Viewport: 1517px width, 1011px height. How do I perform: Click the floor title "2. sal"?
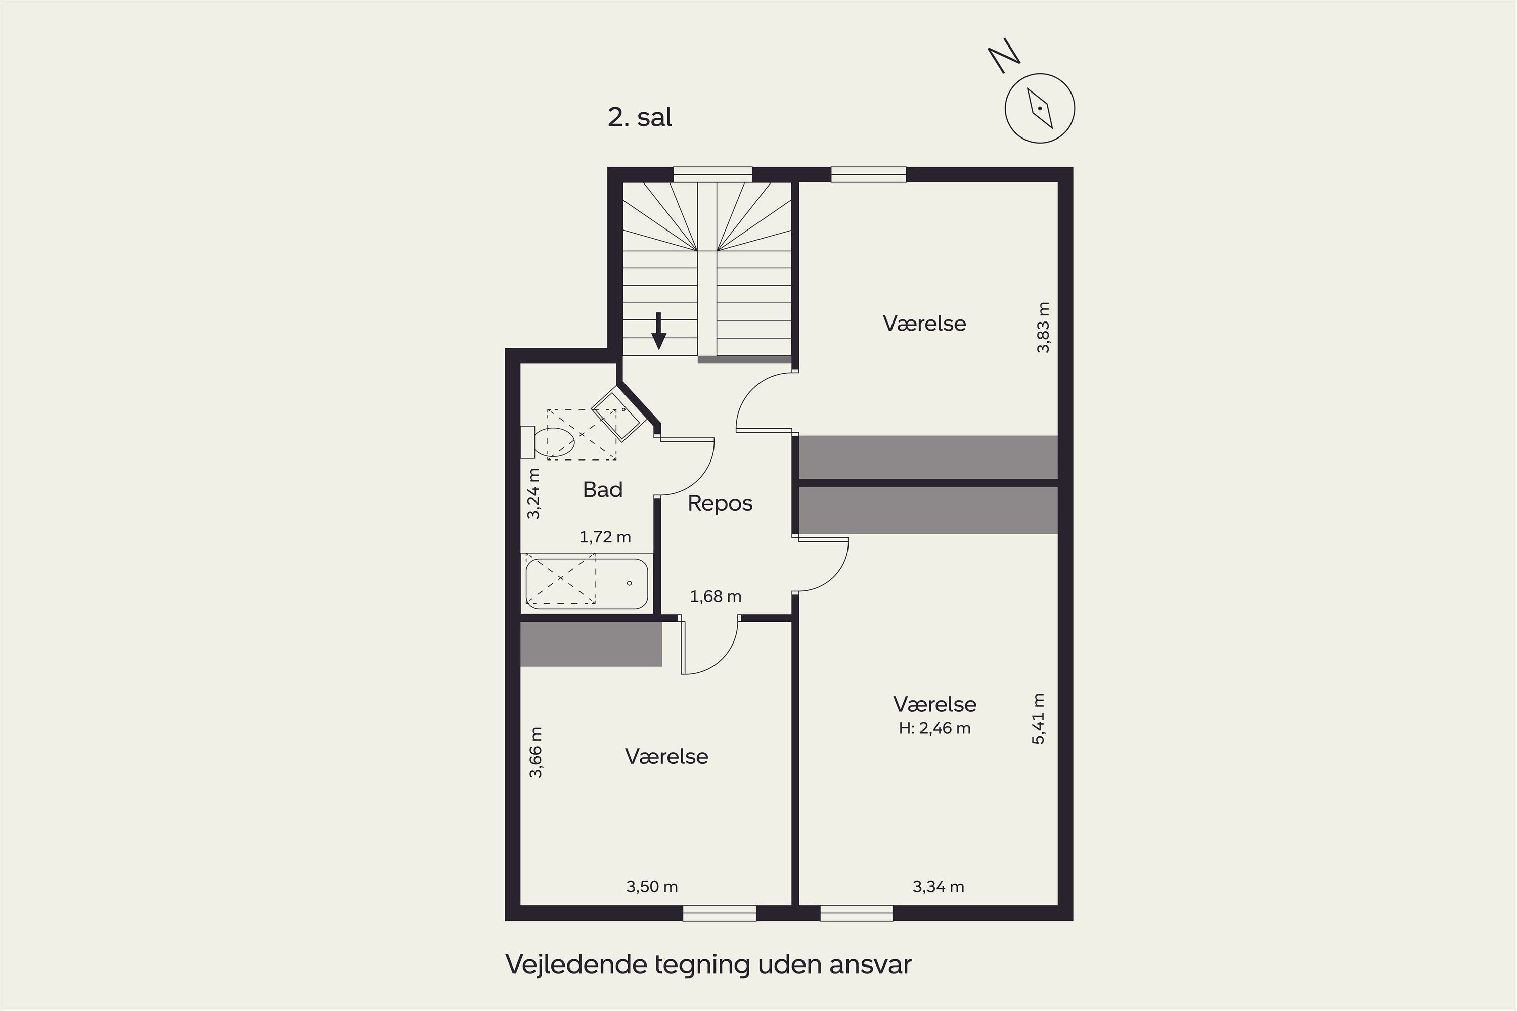tap(640, 117)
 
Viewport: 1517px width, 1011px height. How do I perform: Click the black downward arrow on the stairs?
tap(658, 331)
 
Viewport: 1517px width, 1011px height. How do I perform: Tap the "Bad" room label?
tap(602, 490)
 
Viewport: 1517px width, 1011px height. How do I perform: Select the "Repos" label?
tap(720, 503)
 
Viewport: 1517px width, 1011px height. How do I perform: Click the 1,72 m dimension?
tap(605, 537)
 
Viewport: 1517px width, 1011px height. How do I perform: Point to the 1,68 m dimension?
tap(716, 596)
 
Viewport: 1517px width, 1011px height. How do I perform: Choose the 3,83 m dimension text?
tap(1043, 327)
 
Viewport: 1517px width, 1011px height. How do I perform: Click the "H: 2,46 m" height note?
tap(934, 728)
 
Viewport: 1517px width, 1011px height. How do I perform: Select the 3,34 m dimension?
tap(938, 887)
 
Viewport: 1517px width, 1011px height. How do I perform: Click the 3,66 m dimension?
tap(536, 753)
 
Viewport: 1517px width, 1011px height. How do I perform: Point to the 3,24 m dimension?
tap(533, 493)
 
